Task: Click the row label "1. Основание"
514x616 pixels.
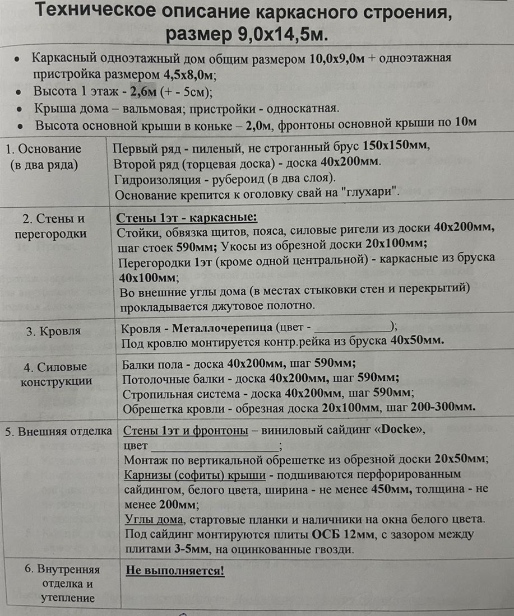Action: tap(44, 149)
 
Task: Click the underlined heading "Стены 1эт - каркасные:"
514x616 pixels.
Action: tap(187, 217)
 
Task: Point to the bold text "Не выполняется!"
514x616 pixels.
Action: tap(175, 571)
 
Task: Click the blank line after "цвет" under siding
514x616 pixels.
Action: tap(215, 446)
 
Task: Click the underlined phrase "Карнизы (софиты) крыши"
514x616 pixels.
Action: tap(195, 475)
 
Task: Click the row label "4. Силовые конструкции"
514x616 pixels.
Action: tap(57, 374)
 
